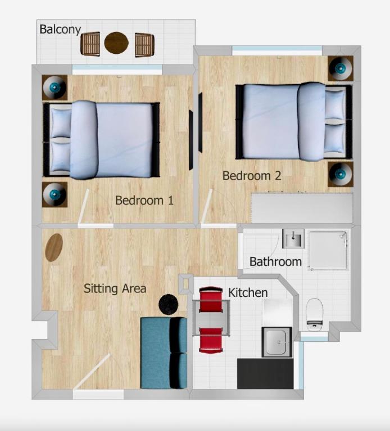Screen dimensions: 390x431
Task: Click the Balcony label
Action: coord(60,29)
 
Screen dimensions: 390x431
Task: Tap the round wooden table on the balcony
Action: coord(116,43)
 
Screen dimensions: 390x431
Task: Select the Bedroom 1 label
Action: coord(144,200)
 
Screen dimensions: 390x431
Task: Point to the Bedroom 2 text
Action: coord(252,176)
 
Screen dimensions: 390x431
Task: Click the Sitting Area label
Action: coord(115,288)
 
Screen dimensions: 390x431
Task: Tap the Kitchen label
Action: coord(248,293)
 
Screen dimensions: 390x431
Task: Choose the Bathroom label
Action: coord(275,262)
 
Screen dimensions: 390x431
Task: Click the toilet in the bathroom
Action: coord(315,314)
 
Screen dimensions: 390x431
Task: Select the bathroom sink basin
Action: coord(293,239)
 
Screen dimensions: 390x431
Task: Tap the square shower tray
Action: coord(328,250)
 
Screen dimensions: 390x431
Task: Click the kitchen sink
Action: coord(276,342)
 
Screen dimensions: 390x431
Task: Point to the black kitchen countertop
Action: coord(265,374)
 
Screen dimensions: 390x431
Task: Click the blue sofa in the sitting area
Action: coord(164,353)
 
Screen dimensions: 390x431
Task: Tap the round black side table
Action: coord(169,304)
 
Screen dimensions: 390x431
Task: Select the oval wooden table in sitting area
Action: coord(54,247)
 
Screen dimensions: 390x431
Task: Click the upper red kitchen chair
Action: coord(211,300)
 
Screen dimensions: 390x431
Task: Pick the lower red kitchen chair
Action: coord(211,340)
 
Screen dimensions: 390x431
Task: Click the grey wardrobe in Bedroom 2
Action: coord(302,208)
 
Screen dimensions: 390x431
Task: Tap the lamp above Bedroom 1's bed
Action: coord(55,88)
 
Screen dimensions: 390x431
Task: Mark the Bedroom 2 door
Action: coord(206,206)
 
